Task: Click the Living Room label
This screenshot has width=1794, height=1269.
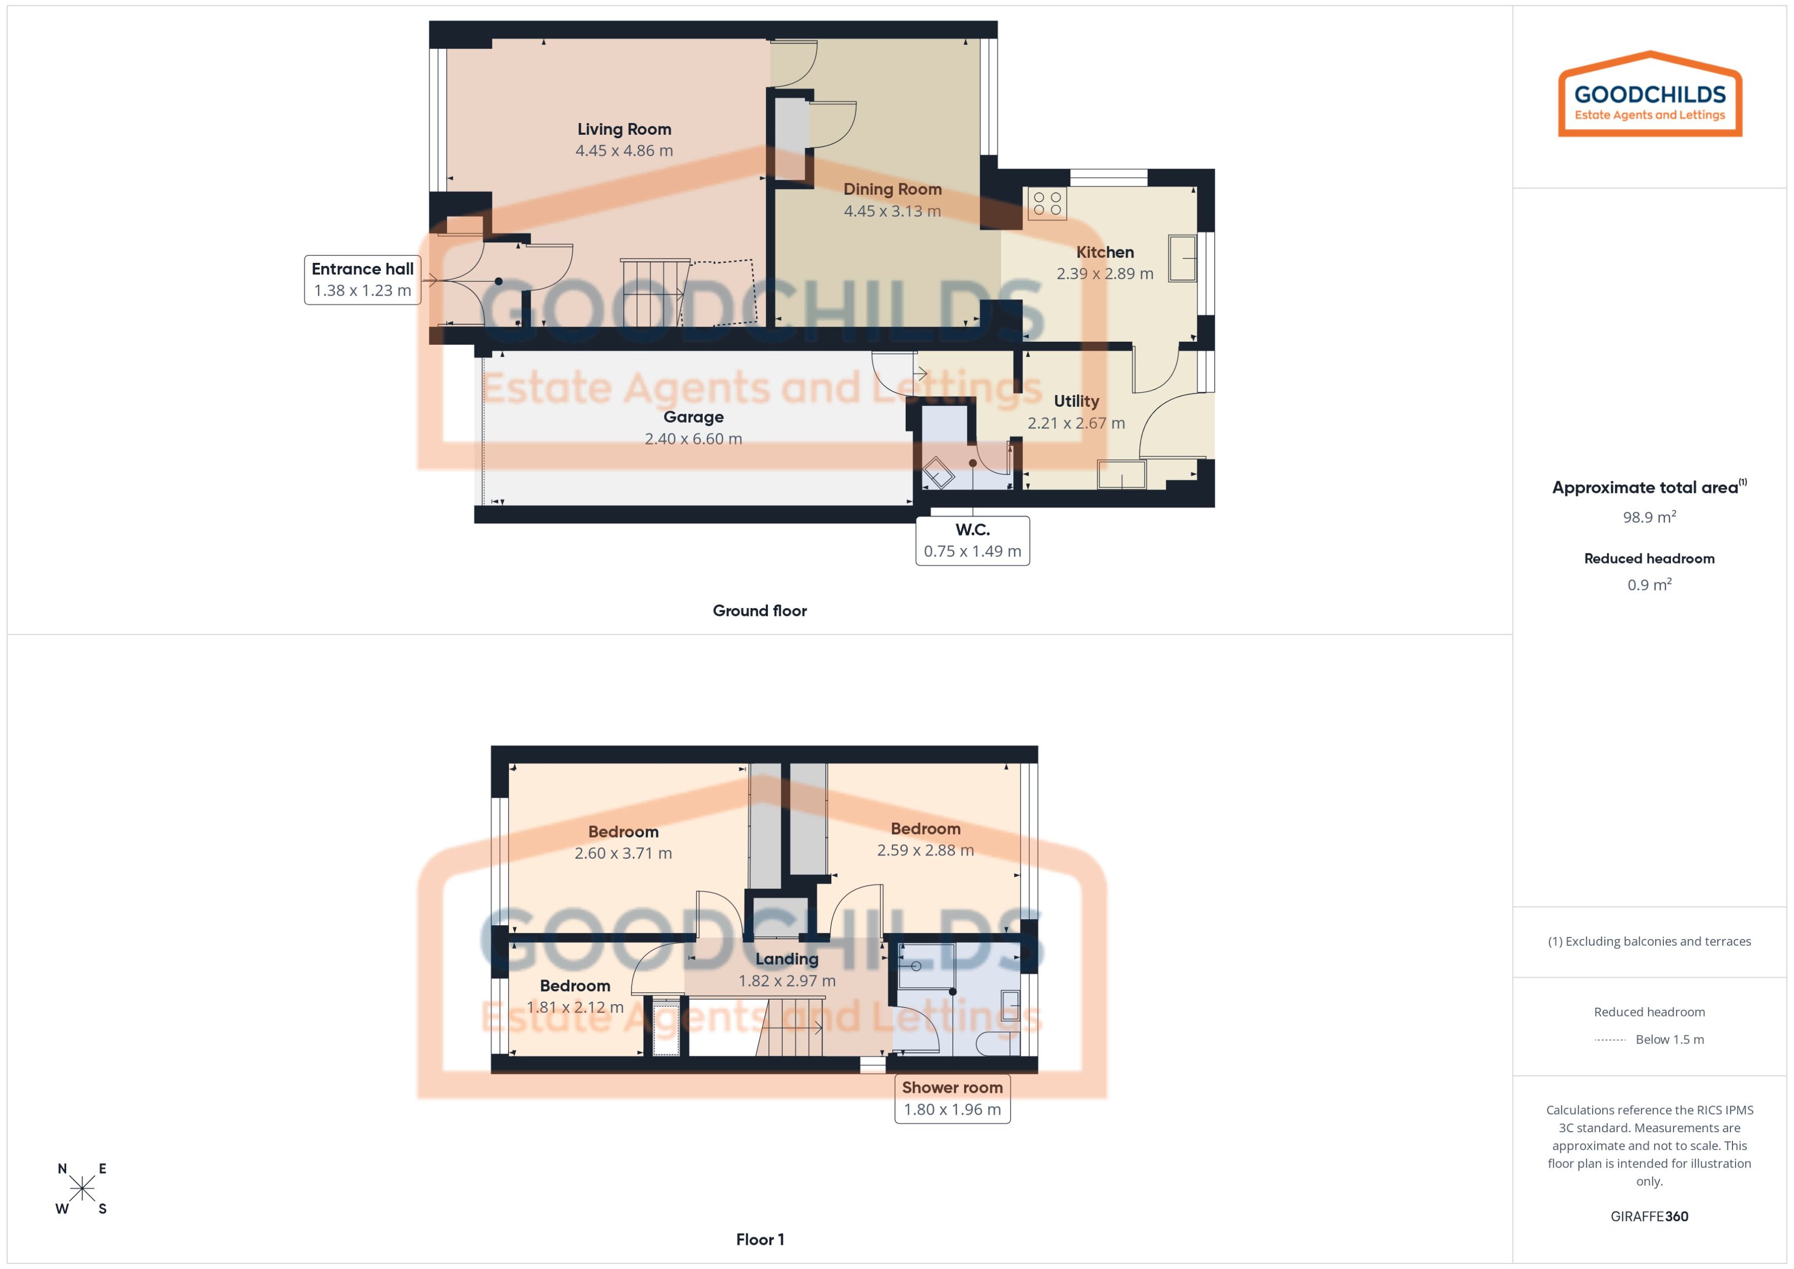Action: point(624,130)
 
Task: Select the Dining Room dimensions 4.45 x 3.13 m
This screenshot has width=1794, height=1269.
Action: point(892,211)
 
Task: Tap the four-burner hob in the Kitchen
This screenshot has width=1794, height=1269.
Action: point(1047,203)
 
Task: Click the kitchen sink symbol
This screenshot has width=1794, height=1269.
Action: point(1182,258)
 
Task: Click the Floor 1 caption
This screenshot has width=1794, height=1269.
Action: point(759,1239)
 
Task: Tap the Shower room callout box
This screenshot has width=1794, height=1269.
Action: point(952,1098)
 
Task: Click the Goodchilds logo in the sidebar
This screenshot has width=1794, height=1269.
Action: point(1649,95)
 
